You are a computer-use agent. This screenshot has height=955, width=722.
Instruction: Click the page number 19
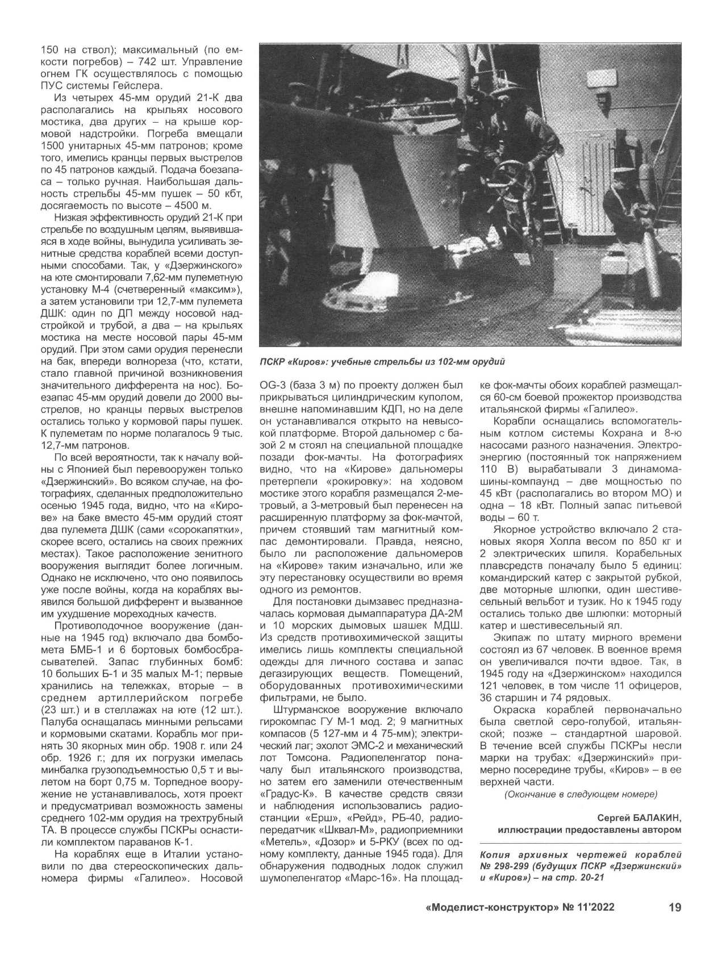point(675,907)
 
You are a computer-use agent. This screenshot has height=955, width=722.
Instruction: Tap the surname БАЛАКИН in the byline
point(652,818)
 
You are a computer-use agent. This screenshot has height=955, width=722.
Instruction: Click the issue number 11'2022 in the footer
point(596,907)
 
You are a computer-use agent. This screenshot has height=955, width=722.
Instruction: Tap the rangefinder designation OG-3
point(276,385)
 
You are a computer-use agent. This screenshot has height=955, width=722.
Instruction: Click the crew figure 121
point(492,686)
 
